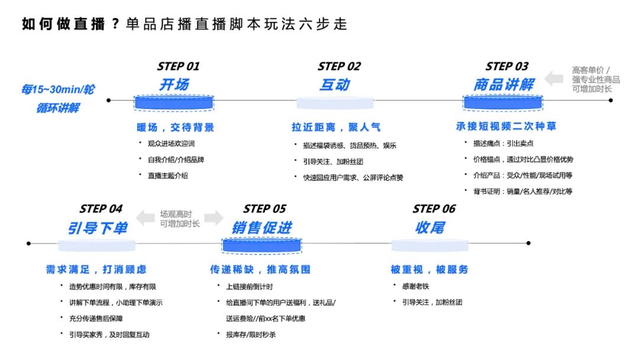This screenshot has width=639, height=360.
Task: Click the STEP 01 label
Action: point(178,66)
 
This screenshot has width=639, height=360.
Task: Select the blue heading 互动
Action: point(334,85)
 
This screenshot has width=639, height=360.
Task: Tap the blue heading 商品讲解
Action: point(504,85)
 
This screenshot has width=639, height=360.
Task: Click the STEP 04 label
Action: point(101,208)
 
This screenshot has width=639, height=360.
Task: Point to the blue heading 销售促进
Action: point(262,227)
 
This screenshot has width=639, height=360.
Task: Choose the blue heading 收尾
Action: point(430,227)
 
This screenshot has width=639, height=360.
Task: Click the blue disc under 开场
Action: point(173,102)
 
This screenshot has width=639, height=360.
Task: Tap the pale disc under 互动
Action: point(335,103)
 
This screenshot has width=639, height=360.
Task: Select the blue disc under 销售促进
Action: point(262,245)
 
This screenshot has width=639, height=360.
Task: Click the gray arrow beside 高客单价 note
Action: point(554,78)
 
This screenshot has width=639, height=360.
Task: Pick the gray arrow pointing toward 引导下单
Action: point(146,218)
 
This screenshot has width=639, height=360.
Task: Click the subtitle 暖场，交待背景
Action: point(175,127)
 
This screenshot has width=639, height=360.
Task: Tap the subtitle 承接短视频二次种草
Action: point(506,126)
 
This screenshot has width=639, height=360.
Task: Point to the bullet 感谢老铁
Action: point(415,287)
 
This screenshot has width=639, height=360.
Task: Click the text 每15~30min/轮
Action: point(58,90)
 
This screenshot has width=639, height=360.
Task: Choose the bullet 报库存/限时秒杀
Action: point(251,335)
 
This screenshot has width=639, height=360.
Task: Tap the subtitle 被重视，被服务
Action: point(430,269)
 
